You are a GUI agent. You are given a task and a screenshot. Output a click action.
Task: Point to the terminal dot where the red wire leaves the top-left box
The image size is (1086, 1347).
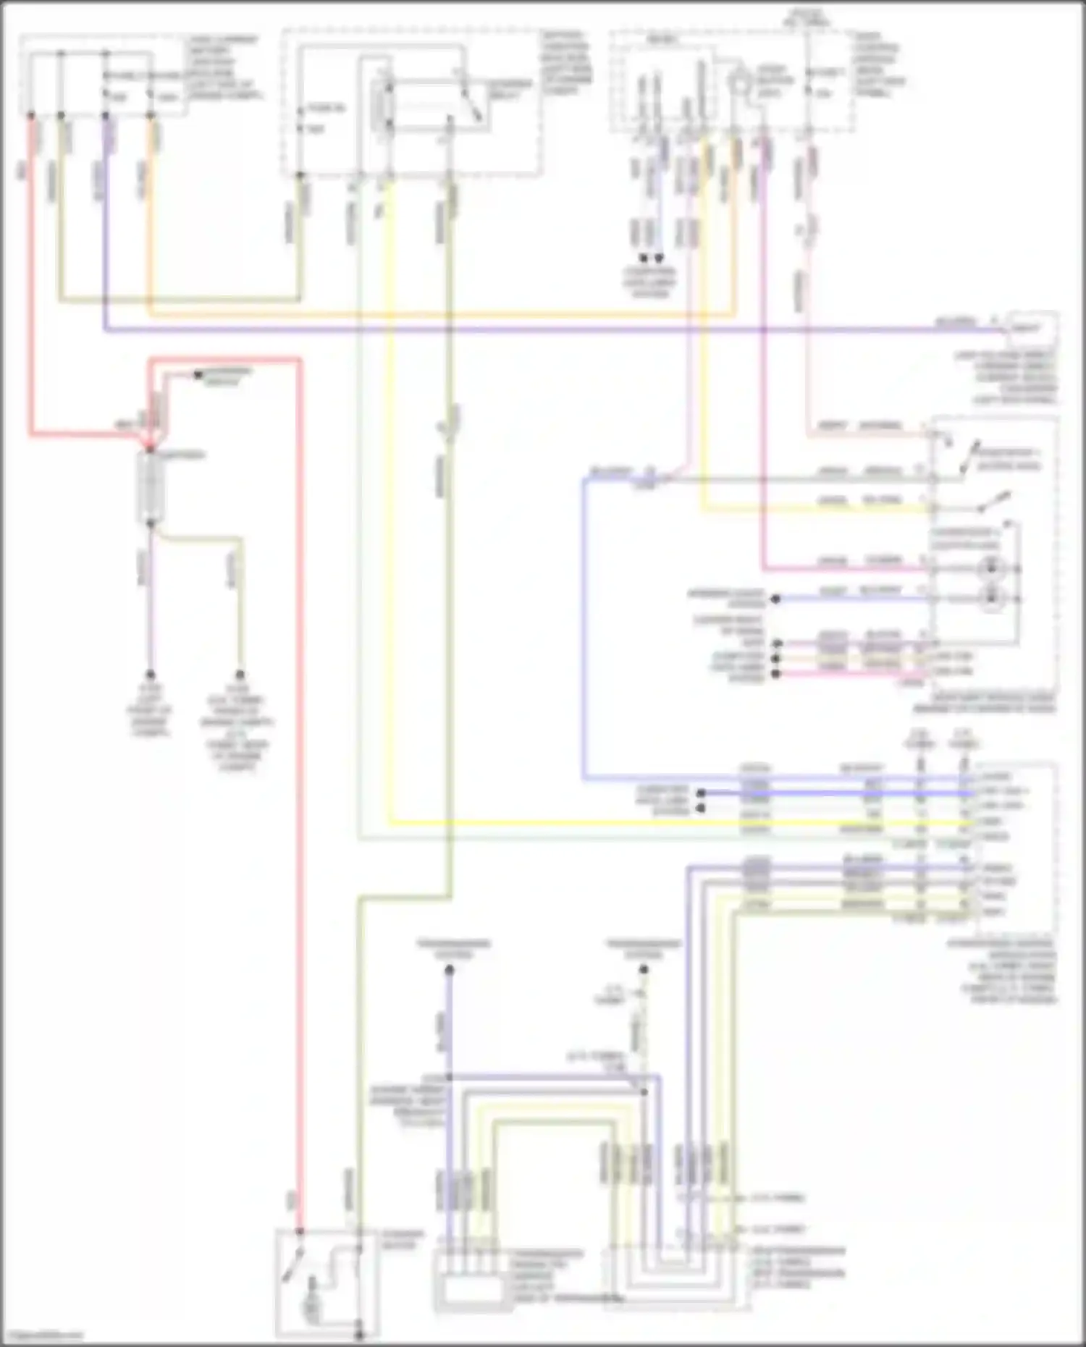(31, 115)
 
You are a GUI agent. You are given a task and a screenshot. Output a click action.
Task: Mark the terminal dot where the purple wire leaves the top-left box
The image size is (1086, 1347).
(106, 115)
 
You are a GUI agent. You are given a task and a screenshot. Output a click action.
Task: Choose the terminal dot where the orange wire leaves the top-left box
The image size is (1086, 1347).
(151, 115)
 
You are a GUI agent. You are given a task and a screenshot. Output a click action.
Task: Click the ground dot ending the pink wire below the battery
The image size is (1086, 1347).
(151, 674)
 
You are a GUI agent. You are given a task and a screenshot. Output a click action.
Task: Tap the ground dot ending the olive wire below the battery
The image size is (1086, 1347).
(240, 674)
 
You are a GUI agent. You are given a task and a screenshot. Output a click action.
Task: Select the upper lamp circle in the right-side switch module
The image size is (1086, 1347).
(990, 569)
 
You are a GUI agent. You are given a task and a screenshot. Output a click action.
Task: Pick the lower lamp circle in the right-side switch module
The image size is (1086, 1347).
(990, 599)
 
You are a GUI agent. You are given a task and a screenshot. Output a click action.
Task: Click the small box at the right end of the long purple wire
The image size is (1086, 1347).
(1030, 327)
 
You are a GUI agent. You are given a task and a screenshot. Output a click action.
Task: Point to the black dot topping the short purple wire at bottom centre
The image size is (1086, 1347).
(449, 970)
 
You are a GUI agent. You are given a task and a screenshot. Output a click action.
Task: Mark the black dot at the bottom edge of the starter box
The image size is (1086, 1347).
(359, 1333)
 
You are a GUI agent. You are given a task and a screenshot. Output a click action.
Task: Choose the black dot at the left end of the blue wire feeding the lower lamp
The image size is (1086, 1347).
(775, 599)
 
